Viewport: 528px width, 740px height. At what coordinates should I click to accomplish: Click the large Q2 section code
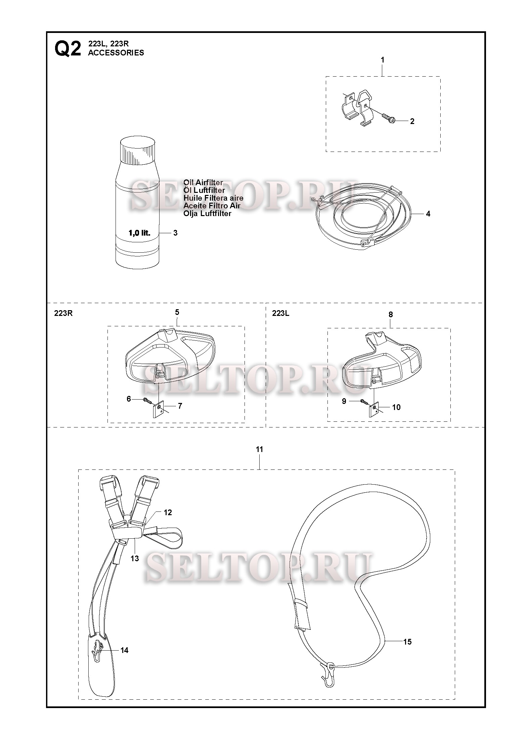tap(68, 49)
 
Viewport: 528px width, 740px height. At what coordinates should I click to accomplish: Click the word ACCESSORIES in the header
tap(116, 53)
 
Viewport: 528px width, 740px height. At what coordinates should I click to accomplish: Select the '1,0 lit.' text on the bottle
tap(139, 233)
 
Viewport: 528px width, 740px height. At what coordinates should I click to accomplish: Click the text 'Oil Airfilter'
tap(203, 183)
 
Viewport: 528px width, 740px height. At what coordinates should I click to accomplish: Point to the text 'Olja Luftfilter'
tap(207, 214)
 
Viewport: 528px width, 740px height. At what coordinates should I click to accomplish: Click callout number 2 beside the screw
tap(412, 122)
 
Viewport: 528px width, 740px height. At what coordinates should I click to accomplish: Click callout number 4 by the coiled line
tap(428, 214)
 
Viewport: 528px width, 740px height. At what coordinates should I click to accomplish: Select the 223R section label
tap(63, 314)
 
